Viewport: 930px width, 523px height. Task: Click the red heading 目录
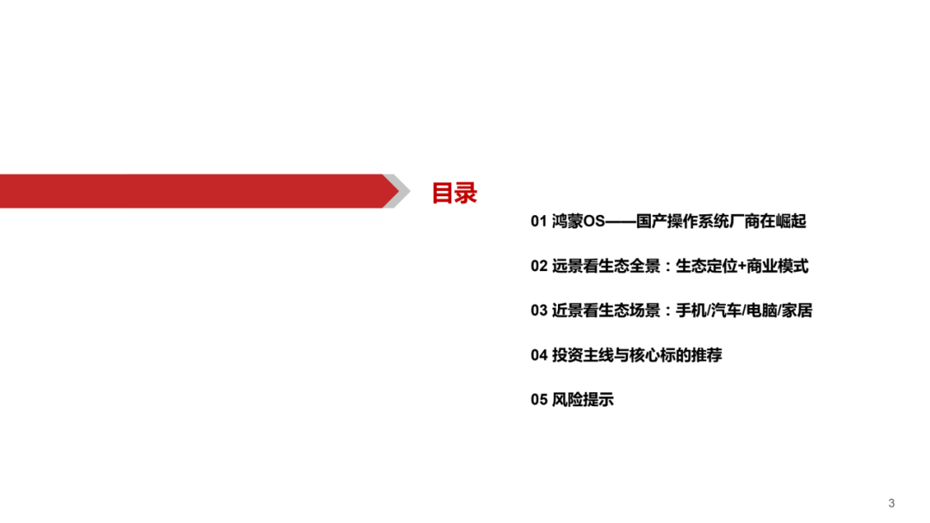point(454,193)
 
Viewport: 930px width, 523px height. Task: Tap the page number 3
point(891,502)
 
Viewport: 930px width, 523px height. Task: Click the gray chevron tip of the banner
point(396,191)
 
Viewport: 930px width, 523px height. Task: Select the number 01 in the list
point(538,222)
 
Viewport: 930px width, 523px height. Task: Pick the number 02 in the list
point(538,267)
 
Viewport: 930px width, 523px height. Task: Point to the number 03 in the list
point(538,311)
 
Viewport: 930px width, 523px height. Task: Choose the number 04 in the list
point(538,355)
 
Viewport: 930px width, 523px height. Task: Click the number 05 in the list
point(538,400)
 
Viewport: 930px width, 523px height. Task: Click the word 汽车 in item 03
point(726,311)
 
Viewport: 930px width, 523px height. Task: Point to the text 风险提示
point(583,400)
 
